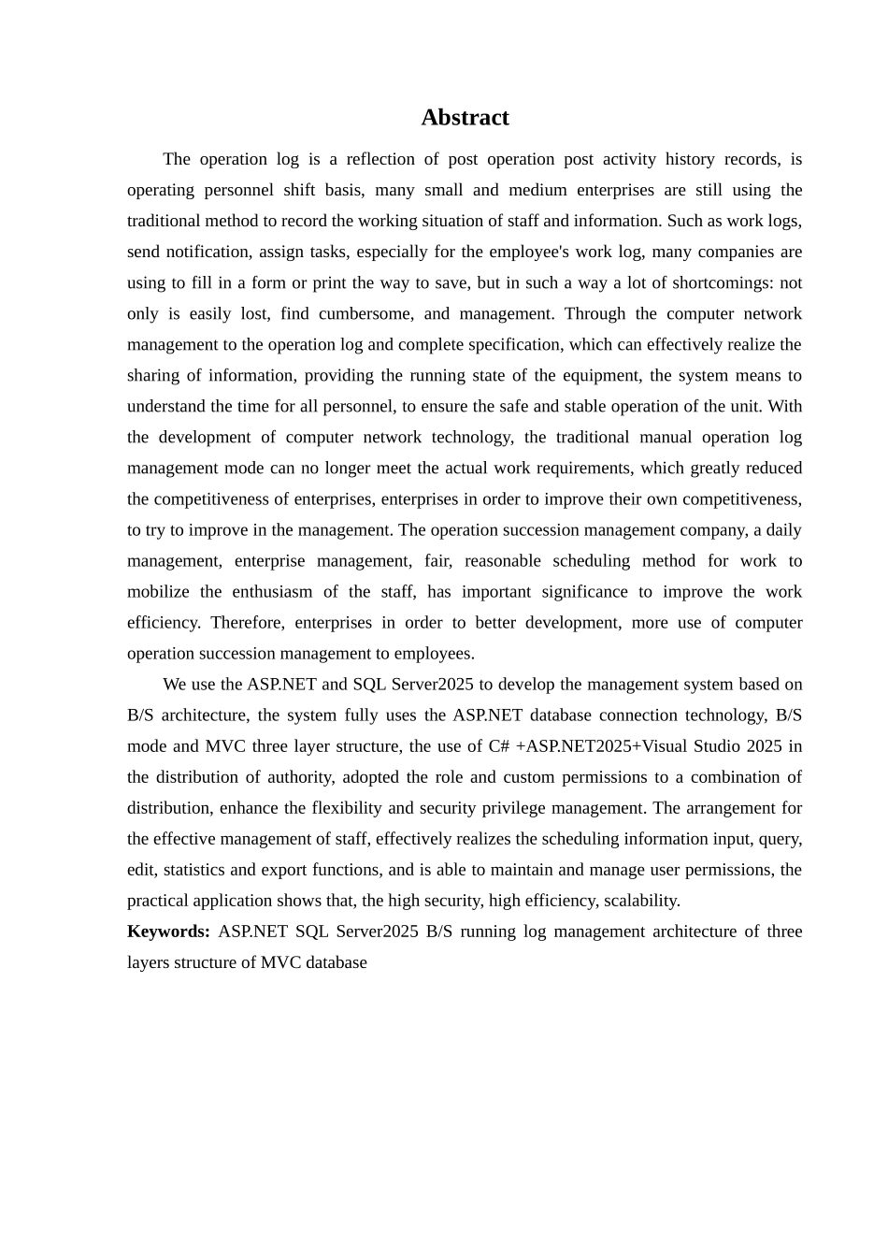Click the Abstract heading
point(465,118)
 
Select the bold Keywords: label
point(168,932)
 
